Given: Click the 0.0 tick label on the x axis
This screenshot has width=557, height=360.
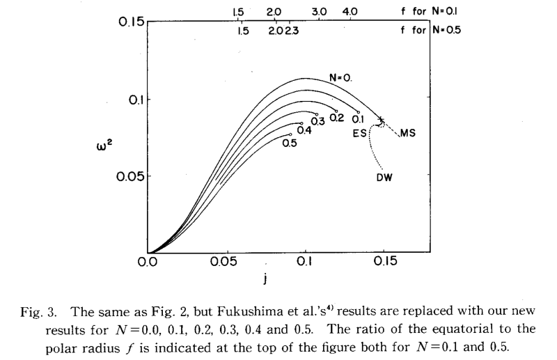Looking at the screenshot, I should click(x=147, y=263).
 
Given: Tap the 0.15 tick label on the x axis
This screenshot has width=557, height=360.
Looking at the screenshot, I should click(x=382, y=263).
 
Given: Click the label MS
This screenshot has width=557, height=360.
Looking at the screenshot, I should click(x=407, y=133).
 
